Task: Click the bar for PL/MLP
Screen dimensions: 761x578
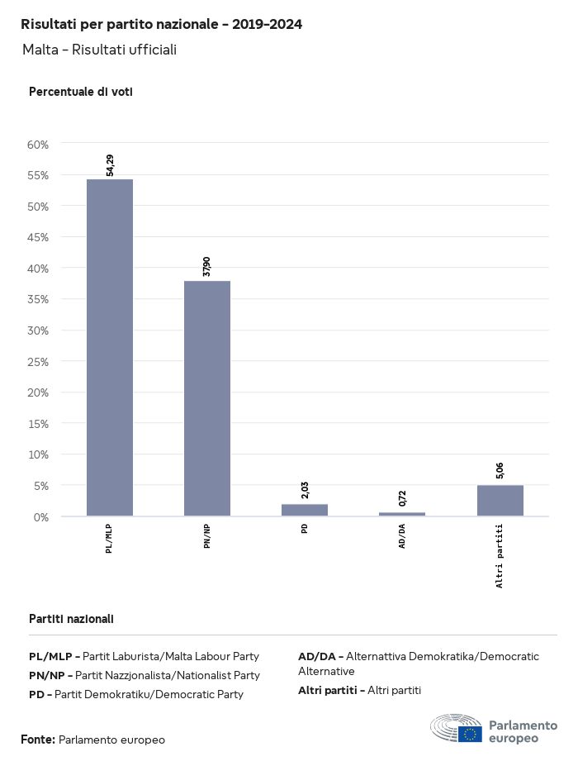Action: [x=110, y=347]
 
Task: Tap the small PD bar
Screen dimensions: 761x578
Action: [x=305, y=510]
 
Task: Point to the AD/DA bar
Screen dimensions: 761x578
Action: [x=402, y=514]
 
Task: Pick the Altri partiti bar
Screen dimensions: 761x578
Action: [x=500, y=501]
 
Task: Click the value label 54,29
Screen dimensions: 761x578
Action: [x=110, y=165]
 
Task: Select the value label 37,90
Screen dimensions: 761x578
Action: [x=207, y=267]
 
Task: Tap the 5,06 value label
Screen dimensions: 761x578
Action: [x=500, y=471]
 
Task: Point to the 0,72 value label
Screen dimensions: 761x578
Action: [x=402, y=498]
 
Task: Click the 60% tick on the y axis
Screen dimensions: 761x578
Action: [x=38, y=145]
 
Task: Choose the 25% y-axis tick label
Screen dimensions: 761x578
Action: [x=38, y=361]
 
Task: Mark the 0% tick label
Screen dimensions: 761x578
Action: [x=40, y=516]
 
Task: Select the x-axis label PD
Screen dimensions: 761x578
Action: [x=305, y=529]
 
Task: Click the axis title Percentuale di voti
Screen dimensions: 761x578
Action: [x=81, y=92]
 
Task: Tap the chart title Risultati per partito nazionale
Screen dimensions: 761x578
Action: [x=161, y=25]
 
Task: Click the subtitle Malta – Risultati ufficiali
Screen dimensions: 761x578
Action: [x=99, y=50]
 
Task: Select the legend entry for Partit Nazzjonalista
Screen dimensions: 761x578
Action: [x=144, y=675]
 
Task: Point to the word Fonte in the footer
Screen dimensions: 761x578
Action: [x=38, y=740]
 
